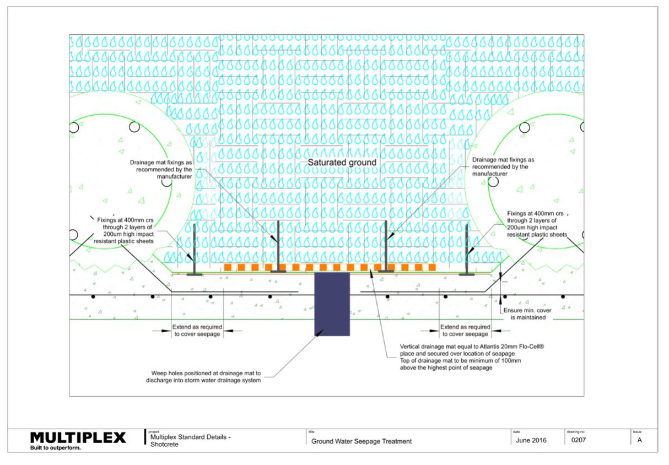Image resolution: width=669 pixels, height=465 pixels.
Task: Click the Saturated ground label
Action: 342,163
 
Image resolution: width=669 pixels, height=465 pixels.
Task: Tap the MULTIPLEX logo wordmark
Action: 78,438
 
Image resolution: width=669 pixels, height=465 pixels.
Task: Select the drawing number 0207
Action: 579,440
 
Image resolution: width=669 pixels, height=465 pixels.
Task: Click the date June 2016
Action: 531,440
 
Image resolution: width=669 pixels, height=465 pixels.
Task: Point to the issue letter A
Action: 639,440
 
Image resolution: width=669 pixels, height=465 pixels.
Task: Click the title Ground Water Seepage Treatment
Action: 362,441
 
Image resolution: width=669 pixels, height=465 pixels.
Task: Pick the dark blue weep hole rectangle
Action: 332,304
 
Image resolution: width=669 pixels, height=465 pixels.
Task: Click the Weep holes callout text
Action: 203,377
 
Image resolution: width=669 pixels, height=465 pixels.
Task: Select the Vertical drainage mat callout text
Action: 472,357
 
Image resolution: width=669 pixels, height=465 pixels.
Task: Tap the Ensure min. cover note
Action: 527,314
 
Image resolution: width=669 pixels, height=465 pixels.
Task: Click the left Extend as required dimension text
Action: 197,331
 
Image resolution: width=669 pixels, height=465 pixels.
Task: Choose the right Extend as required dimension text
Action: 465,331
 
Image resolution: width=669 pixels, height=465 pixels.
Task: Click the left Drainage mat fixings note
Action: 161,169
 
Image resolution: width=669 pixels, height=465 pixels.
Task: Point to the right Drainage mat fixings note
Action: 503,166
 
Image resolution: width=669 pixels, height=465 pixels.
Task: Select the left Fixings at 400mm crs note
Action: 124,230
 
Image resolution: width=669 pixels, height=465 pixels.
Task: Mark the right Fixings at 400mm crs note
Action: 537,224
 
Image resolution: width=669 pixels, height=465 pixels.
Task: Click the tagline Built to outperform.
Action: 55,448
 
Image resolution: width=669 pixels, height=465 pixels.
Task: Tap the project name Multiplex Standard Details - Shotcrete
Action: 190,441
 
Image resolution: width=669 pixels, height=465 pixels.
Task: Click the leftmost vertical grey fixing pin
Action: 195,250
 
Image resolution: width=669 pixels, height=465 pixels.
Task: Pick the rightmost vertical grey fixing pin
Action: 467,250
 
